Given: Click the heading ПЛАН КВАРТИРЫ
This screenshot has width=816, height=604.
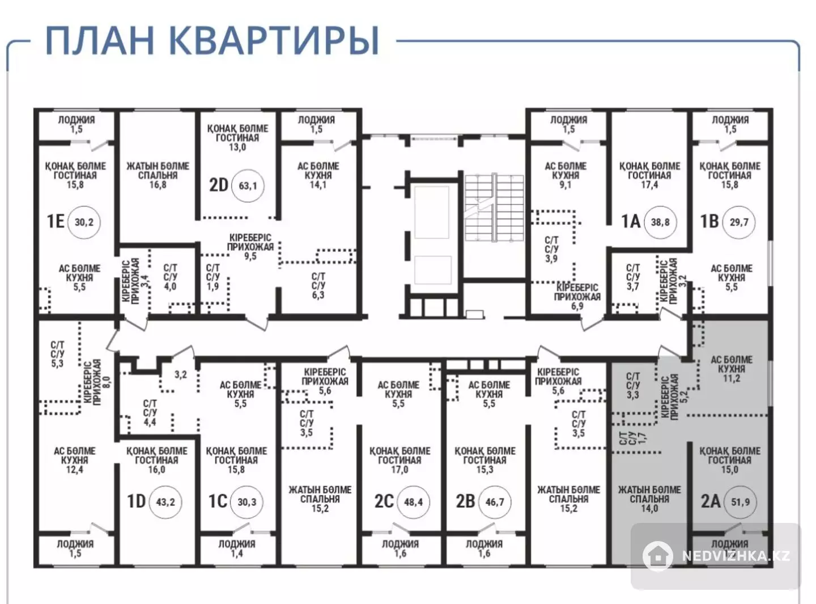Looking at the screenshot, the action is coord(212,40).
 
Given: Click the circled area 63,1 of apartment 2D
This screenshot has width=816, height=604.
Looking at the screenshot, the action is coord(248,185).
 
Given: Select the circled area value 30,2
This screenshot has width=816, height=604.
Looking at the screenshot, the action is coord(84,222).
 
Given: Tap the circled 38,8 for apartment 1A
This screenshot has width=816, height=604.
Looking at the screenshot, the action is coord(660,222).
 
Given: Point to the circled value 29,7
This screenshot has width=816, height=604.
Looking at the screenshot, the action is coord(739,222).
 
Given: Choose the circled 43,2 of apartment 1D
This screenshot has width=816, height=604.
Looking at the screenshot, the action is coord(165,501).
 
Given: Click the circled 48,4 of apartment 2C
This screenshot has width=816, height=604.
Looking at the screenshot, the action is coord(413,501).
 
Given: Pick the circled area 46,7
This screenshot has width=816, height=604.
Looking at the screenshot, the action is coord(495,501).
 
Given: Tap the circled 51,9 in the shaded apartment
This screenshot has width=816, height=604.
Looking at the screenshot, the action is coord(740,501).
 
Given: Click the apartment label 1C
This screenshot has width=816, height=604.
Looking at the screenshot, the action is coord(218,501).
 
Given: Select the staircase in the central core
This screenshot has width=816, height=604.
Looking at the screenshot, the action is coord(494,208).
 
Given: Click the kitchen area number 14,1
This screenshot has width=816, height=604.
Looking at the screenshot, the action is coord(318,184).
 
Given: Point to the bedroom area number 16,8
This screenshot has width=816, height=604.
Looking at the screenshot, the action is coord(158,184).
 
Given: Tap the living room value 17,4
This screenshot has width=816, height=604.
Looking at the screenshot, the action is coord(649,184).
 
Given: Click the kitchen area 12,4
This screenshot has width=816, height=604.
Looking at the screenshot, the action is coord(74,470).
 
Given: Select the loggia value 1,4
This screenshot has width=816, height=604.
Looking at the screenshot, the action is coord(236,553).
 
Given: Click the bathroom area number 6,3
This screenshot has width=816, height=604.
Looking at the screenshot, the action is coord(318,295).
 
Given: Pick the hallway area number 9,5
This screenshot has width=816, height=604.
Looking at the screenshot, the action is coord(250,256).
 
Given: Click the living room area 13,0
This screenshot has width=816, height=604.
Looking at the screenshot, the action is coord(237,147).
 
